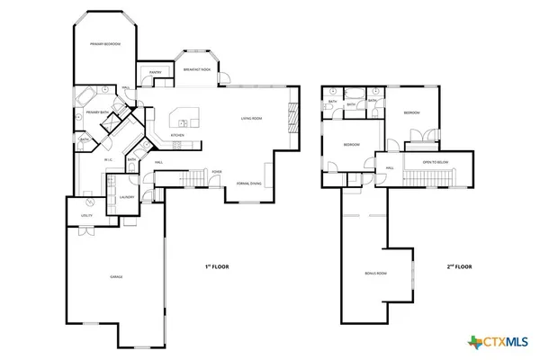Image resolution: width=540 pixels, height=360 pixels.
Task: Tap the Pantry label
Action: [155, 73]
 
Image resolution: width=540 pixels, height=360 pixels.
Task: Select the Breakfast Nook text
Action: [197, 69]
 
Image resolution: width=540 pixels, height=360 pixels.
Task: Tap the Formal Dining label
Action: [248, 183]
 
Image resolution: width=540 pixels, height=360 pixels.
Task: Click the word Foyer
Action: [217, 171]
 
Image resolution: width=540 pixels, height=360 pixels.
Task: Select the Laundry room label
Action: [127, 196]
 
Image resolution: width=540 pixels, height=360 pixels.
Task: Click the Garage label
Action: [116, 276]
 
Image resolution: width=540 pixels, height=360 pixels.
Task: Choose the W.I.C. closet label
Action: [108, 160]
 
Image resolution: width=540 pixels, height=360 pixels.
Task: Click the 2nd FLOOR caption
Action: [461, 266]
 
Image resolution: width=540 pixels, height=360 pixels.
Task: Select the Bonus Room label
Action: [376, 272]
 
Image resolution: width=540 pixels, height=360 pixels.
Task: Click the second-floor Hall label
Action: [391, 168]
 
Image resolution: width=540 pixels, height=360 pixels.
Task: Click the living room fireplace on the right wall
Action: [289, 115]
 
